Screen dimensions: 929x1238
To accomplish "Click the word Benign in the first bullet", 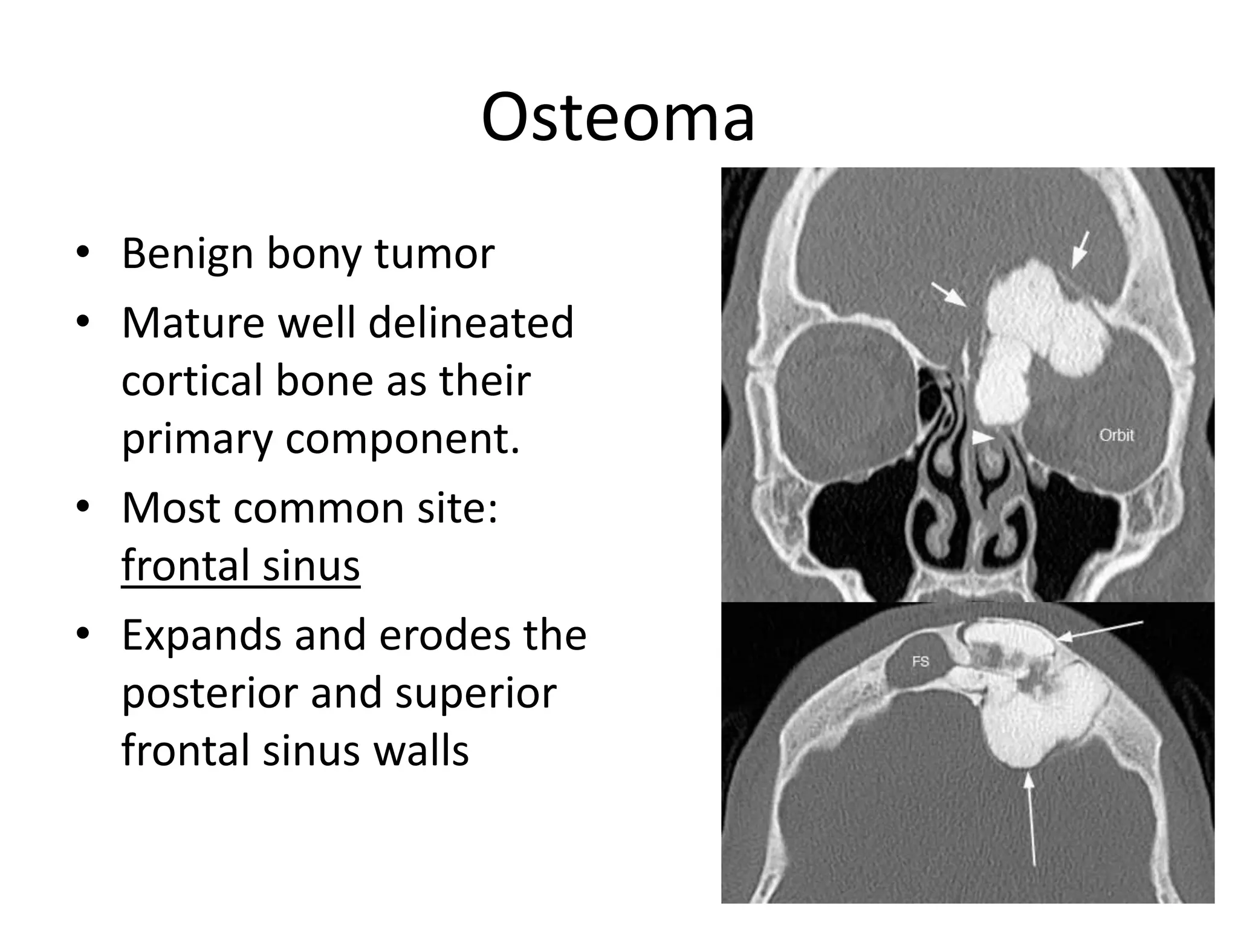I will click(x=187, y=253).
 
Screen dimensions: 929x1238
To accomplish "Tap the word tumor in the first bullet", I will click(x=434, y=253).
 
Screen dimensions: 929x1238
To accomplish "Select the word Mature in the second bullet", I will click(x=193, y=323).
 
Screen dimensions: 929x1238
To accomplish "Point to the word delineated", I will click(x=470, y=323).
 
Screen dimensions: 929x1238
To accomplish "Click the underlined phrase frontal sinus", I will click(x=241, y=565).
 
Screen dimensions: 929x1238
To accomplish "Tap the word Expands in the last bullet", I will click(x=201, y=636).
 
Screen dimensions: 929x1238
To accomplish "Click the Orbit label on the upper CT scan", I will click(x=1116, y=435).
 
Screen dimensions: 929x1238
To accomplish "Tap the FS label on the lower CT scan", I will click(x=920, y=662).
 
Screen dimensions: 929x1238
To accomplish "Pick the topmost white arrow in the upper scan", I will click(x=1080, y=249).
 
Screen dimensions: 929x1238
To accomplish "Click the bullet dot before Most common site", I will click(x=83, y=507).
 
